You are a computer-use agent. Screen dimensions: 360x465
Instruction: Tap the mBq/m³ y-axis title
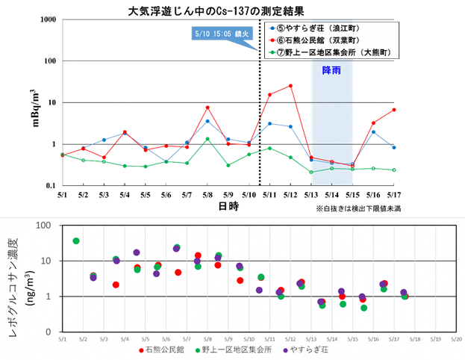(x=35, y=105)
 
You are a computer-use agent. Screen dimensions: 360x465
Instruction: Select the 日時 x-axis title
(x=229, y=205)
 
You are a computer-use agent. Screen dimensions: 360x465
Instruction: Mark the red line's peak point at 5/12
(x=290, y=86)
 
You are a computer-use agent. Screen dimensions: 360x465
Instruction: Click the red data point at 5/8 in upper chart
(x=207, y=108)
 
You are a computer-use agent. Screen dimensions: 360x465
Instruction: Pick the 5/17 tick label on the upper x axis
(x=393, y=195)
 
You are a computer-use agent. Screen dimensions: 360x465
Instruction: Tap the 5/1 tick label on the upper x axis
(x=63, y=195)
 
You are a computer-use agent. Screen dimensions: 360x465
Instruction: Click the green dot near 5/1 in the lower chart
(x=76, y=241)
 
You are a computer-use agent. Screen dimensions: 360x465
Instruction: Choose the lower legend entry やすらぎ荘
(x=308, y=350)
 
